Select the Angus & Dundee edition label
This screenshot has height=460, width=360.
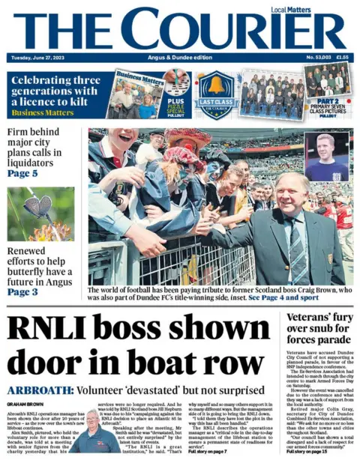[x=179, y=58]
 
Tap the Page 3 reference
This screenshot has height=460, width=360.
[x=23, y=291]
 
